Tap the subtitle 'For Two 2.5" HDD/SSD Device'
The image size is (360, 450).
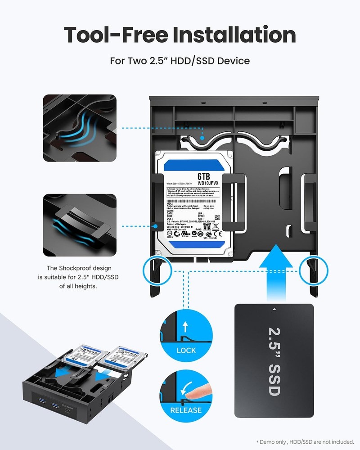pyautogui.click(x=180, y=60)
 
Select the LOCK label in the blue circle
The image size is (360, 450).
pyautogui.click(x=186, y=350)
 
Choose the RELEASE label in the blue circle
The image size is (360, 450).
pyautogui.click(x=186, y=410)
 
